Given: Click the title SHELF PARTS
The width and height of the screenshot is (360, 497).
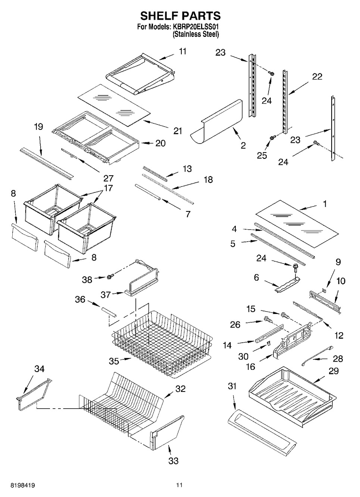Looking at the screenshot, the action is (x=181, y=16).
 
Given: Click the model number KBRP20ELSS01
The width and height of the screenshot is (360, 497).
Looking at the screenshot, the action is (x=195, y=27).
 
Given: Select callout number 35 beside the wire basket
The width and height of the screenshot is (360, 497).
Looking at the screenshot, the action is (x=114, y=361).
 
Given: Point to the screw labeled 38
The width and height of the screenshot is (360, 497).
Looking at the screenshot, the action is (x=110, y=277).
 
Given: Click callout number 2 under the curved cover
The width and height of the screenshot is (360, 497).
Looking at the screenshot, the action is (x=243, y=145).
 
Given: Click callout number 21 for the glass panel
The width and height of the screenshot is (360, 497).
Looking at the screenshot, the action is (x=178, y=131).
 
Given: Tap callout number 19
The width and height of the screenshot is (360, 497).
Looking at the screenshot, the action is (x=38, y=127).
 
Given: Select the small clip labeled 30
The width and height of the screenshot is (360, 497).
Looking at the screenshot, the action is (x=268, y=343).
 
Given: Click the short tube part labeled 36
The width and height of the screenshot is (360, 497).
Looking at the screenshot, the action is (x=109, y=312).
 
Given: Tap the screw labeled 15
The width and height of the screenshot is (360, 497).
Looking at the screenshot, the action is (x=285, y=315).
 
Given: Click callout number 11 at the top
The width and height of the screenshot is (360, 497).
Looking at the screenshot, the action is (x=182, y=51).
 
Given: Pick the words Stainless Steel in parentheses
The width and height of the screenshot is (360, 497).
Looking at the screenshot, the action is (x=196, y=34).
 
